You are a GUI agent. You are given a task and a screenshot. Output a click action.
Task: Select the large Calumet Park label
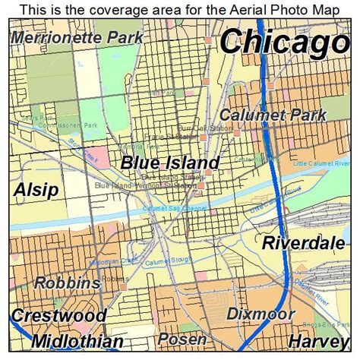pyautogui.click(x=273, y=115)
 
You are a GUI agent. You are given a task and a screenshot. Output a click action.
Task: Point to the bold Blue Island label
pyautogui.click(x=170, y=163)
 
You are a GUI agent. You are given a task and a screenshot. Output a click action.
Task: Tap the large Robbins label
pyautogui.click(x=68, y=283)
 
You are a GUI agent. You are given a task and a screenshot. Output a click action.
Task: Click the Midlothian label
pyautogui.click(x=77, y=341)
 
